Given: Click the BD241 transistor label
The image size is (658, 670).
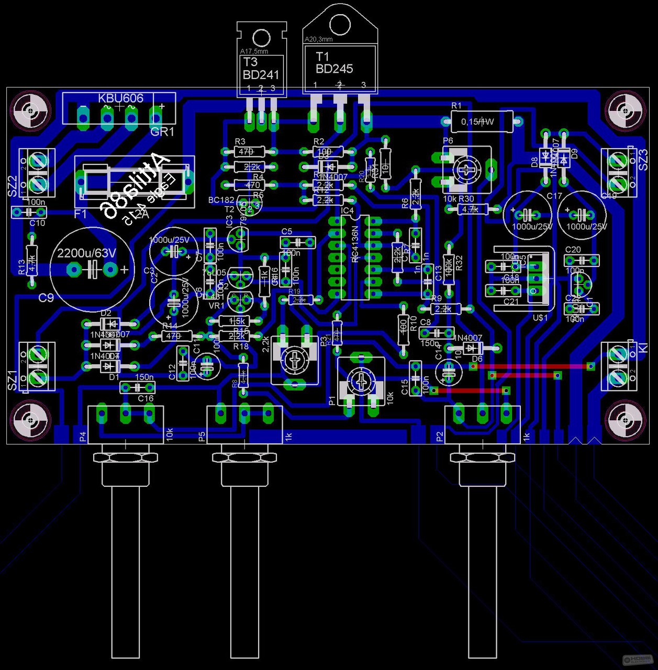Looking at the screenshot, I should (x=261, y=75).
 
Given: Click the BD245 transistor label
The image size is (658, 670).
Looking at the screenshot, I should (x=334, y=69).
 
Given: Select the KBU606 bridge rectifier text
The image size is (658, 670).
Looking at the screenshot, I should (x=120, y=98).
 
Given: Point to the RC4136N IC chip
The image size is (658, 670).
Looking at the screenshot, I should (x=355, y=256).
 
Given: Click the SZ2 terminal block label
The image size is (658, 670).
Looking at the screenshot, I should (x=13, y=186).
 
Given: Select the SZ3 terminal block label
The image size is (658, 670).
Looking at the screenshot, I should (x=643, y=160).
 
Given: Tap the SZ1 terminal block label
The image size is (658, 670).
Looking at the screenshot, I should (x=13, y=380).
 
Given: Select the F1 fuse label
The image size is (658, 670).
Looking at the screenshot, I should (x=81, y=214).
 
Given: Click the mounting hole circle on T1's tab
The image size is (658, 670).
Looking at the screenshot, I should (x=340, y=24).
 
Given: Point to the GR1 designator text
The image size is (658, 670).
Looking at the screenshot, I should (x=162, y=132).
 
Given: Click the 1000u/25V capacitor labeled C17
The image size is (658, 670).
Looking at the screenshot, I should (x=528, y=215).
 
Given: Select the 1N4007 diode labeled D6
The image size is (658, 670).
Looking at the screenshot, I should (x=472, y=348).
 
